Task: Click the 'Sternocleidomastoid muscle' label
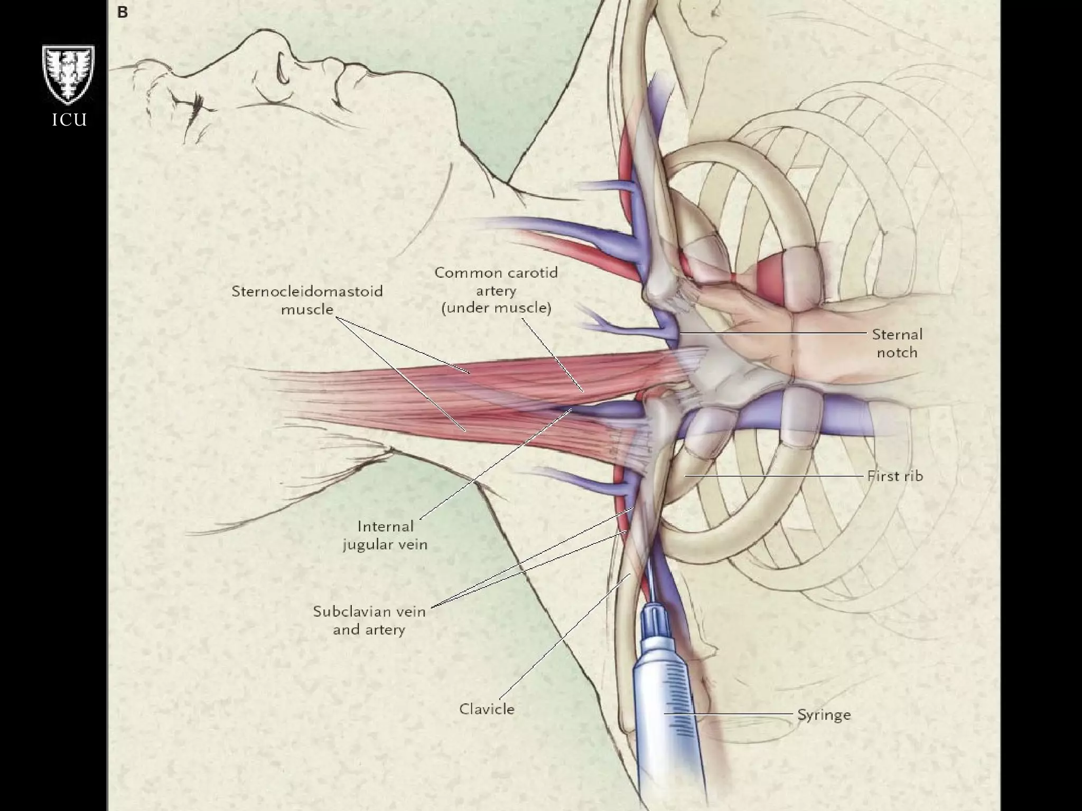pyautogui.click(x=307, y=299)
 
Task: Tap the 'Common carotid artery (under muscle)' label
pyautogui.click(x=496, y=290)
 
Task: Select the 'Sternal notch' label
pyautogui.click(x=897, y=343)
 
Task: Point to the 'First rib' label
pyautogui.click(x=895, y=476)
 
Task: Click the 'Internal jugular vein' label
pyautogui.click(x=385, y=535)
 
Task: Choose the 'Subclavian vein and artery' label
pyautogui.click(x=369, y=620)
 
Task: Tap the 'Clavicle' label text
pyautogui.click(x=487, y=709)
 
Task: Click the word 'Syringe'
pyautogui.click(x=824, y=715)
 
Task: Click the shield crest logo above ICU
pyautogui.click(x=69, y=74)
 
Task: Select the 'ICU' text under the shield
pyautogui.click(x=69, y=120)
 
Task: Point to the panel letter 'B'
pyautogui.click(x=123, y=12)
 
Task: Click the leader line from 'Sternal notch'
pyautogui.click(x=771, y=334)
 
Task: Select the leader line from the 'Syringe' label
pyautogui.click(x=729, y=714)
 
